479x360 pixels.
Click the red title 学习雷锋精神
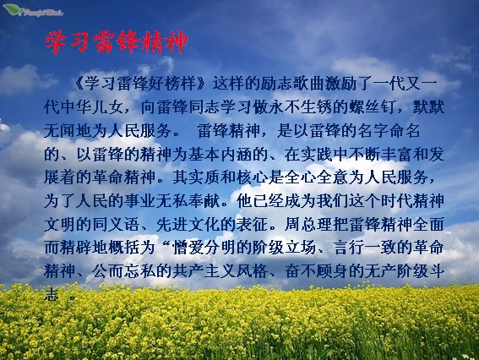pos(116,42)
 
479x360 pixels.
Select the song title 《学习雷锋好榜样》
pos(140,84)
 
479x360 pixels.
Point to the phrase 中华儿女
pos(91,107)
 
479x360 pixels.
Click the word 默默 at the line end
pos(428,107)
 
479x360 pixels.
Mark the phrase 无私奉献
pos(188,202)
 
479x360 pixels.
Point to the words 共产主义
pos(204,271)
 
